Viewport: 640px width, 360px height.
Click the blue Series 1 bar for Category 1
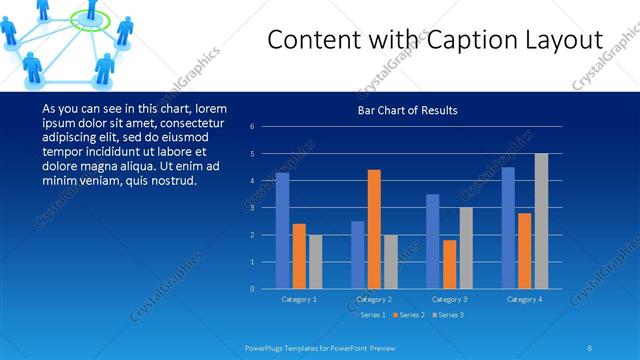[x=282, y=231]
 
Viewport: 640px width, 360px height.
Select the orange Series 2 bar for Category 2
[x=374, y=229]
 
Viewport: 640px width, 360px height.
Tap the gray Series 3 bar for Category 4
[x=541, y=221]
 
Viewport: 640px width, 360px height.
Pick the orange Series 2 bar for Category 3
[x=449, y=264]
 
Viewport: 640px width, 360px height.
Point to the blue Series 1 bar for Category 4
[x=508, y=228]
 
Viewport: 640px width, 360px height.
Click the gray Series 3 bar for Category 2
[x=390, y=262]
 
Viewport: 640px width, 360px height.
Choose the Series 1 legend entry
[x=369, y=315]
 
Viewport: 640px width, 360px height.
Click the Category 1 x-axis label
[x=299, y=299]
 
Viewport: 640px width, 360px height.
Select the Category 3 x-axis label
[x=449, y=299]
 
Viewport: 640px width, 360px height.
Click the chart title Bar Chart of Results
[x=407, y=110]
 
